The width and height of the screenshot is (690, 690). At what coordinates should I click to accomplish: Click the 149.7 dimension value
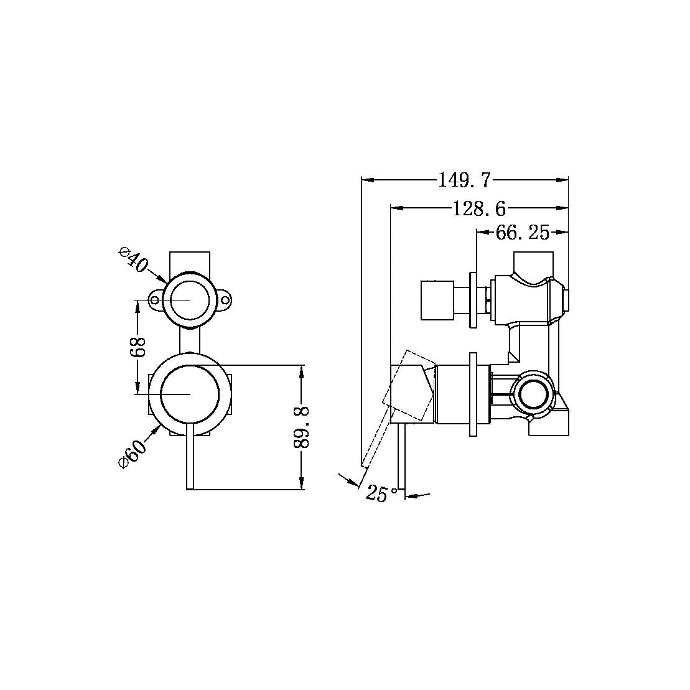point(464,180)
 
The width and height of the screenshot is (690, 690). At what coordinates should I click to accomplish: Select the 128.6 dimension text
point(478,208)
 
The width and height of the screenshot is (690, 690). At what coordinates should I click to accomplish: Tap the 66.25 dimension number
point(522,233)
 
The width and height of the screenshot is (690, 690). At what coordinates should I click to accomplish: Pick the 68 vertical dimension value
point(138,347)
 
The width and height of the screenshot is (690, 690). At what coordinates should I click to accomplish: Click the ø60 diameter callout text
point(133,454)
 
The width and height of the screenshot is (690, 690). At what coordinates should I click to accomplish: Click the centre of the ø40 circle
point(190,300)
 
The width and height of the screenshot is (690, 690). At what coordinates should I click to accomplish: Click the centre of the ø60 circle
point(190,394)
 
